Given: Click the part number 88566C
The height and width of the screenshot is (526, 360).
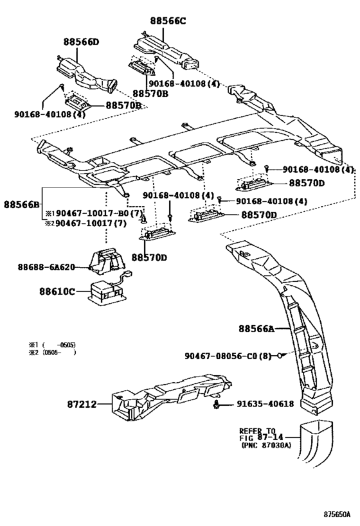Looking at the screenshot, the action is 168,21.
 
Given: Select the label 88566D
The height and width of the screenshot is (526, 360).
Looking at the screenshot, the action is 81,42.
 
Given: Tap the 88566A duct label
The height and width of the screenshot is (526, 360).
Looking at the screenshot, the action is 256,328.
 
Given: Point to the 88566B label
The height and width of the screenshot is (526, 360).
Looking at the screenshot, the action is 21,204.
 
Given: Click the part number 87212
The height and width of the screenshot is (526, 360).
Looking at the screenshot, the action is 82,404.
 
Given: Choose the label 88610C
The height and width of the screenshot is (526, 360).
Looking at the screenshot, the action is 57,291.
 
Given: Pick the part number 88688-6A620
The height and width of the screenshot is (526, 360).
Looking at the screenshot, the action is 46,267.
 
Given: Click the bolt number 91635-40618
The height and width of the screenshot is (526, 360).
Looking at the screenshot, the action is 265,404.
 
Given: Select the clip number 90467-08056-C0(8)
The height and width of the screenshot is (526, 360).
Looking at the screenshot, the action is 228,356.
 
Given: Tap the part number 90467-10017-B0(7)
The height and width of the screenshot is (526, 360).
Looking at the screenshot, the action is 100,213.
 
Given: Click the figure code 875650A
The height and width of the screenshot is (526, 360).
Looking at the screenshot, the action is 337,514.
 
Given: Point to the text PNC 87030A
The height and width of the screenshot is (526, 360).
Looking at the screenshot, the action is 266,445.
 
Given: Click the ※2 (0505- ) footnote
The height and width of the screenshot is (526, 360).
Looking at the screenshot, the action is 52,352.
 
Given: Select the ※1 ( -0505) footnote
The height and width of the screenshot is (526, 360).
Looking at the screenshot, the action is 52,345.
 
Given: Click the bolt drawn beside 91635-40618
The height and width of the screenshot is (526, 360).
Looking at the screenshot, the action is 217,404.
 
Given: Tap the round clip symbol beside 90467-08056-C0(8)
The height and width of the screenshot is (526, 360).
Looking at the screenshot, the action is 279,356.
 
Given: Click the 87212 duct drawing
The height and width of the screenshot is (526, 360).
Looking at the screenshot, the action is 171,396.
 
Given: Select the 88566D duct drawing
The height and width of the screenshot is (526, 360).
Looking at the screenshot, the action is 87,73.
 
